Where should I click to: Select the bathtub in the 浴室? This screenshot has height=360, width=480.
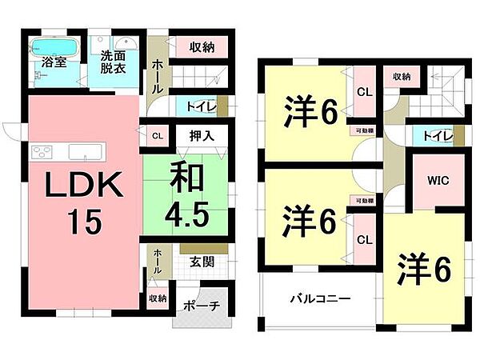[x=54, y=46]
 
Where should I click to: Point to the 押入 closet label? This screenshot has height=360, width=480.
[x=202, y=136]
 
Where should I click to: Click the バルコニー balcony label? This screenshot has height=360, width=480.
[x=319, y=299]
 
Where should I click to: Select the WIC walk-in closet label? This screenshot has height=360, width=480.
[x=438, y=180]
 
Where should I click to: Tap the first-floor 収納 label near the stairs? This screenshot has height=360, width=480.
[x=202, y=47]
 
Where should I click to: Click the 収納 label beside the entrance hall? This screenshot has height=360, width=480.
[x=157, y=298]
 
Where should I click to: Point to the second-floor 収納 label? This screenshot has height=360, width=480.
[x=402, y=77]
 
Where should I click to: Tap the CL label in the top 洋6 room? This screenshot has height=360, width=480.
[x=364, y=92]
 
